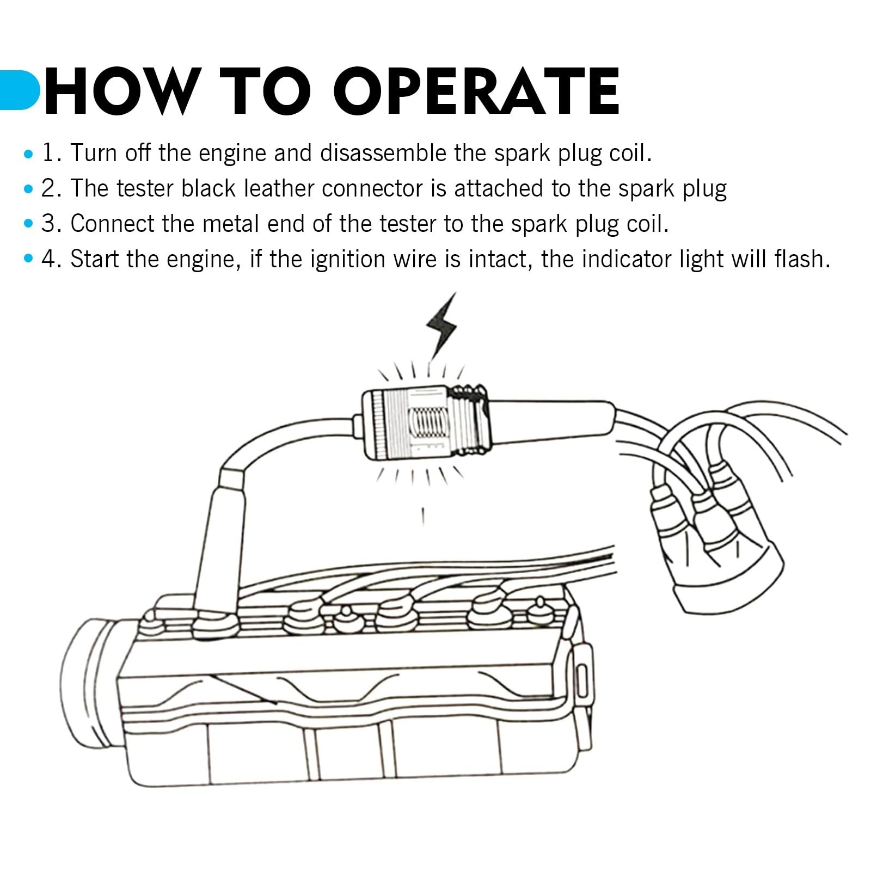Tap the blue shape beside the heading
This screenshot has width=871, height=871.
click(20, 90)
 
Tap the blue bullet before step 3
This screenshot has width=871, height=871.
click(28, 225)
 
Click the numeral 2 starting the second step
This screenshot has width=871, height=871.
click(48, 189)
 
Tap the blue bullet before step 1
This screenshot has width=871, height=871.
click(28, 154)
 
